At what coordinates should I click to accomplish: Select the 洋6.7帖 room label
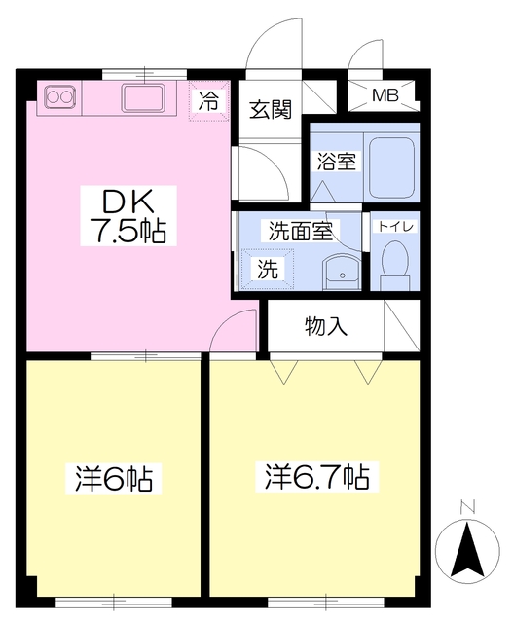(317, 477)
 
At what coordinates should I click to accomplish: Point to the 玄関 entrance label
(270, 109)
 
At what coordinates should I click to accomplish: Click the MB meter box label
(386, 96)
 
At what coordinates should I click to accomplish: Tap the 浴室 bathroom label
(335, 162)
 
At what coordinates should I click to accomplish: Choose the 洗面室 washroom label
(301, 232)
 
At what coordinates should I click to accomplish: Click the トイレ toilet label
(395, 227)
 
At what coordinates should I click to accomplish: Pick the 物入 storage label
(325, 326)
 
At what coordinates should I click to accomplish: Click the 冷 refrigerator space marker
(208, 98)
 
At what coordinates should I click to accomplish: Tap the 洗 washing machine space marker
(266, 270)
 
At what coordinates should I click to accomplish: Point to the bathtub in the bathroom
(392, 163)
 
